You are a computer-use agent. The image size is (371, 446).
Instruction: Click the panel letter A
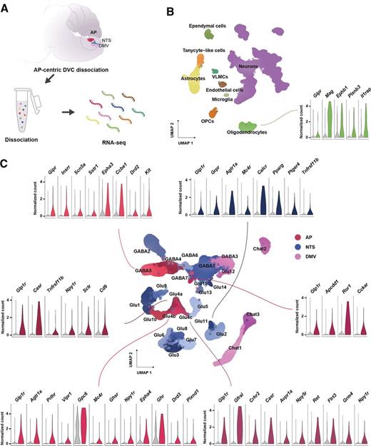point(6,6)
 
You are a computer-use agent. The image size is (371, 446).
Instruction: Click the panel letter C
point(6,141)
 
